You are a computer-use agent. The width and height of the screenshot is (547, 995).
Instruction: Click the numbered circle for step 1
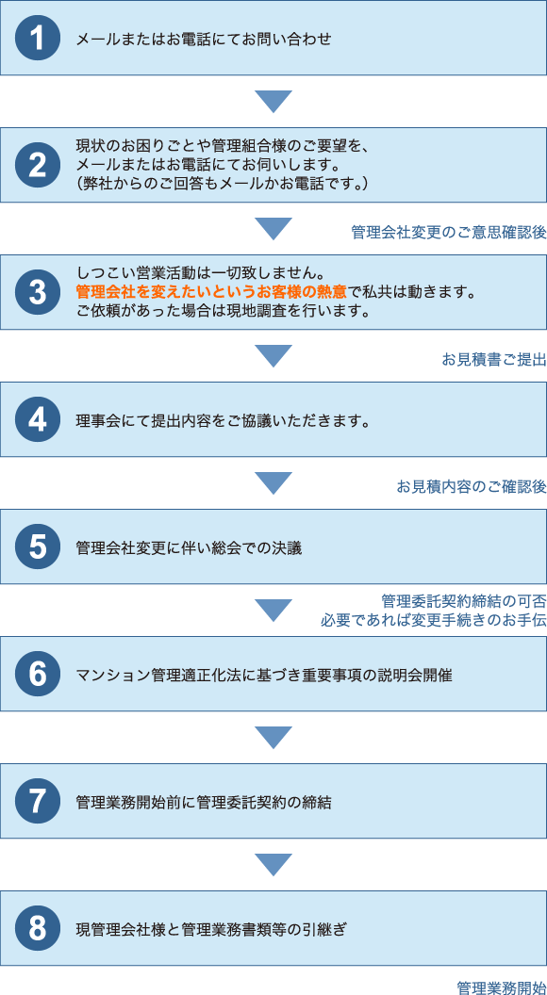[38, 38]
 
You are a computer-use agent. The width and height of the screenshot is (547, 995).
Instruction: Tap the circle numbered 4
[38, 419]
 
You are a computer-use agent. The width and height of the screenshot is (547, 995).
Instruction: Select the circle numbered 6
[38, 674]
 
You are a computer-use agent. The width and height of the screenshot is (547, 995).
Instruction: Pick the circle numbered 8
[38, 928]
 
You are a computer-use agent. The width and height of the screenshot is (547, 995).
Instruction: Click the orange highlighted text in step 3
[211, 293]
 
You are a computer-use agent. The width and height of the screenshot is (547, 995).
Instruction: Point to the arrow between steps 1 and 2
[273, 102]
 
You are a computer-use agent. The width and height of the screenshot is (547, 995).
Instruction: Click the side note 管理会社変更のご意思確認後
[449, 233]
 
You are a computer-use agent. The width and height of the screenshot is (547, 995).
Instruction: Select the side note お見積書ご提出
[494, 360]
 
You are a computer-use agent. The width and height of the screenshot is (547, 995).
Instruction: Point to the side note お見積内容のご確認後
[472, 487]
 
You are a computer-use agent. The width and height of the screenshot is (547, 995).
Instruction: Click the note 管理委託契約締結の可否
[464, 599]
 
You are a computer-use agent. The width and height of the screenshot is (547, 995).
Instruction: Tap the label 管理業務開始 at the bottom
[501, 987]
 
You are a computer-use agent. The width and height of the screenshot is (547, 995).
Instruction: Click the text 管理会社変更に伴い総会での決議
[189, 547]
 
